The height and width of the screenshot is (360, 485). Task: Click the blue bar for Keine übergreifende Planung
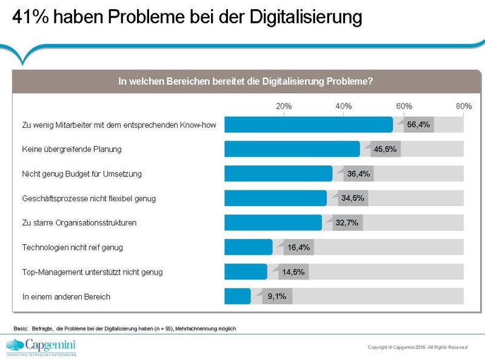point(292,149)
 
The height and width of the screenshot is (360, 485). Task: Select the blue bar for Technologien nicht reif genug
point(248,247)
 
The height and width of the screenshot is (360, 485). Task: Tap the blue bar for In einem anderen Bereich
point(237,296)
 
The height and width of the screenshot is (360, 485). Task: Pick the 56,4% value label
point(418,125)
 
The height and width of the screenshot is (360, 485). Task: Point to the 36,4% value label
point(359,174)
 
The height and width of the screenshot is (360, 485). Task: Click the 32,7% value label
point(347,223)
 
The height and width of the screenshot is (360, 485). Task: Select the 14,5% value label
point(293,272)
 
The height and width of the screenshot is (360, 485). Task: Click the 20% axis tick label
point(284,106)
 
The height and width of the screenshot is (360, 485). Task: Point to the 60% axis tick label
point(404,106)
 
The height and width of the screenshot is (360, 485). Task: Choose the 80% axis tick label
point(464,106)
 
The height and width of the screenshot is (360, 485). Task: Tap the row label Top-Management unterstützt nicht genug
point(92,272)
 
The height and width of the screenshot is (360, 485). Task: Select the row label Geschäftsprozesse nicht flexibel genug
point(89,198)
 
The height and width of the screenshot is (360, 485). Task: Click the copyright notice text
point(417,347)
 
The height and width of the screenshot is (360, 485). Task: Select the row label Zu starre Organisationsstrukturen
point(79,223)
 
